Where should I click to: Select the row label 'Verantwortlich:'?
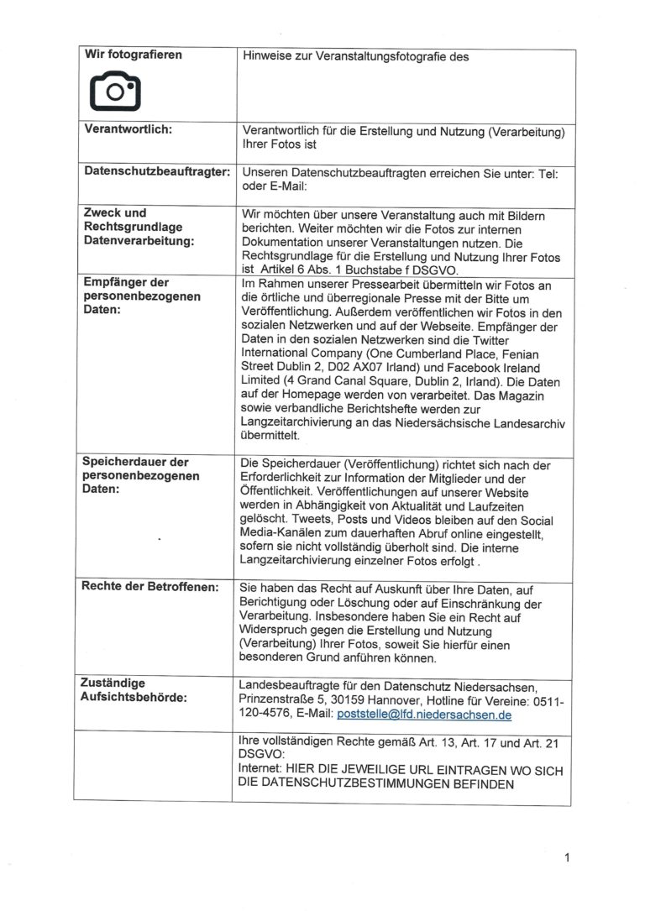pyautogui.click(x=128, y=130)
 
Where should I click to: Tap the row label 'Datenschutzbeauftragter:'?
pyautogui.click(x=157, y=171)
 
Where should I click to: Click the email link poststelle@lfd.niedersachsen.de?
pyautogui.click(x=423, y=715)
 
